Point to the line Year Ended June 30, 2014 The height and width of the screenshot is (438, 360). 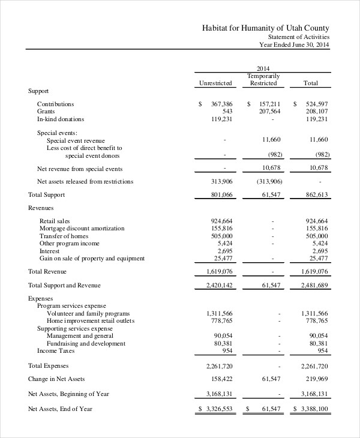(294, 44)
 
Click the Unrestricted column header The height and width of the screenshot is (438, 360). (215, 83)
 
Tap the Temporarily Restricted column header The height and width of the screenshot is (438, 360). (263, 79)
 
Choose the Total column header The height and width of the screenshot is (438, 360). (311, 83)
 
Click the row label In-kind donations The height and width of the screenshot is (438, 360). (61, 119)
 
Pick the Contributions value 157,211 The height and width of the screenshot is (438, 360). (268, 104)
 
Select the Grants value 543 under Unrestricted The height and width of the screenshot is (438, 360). (227, 112)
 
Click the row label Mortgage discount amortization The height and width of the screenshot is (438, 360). (82, 229)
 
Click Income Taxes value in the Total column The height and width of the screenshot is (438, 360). (322, 350)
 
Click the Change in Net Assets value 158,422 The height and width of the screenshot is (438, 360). (220, 379)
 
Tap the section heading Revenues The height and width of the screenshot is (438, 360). (41, 208)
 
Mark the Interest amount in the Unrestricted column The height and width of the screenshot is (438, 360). (224, 251)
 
